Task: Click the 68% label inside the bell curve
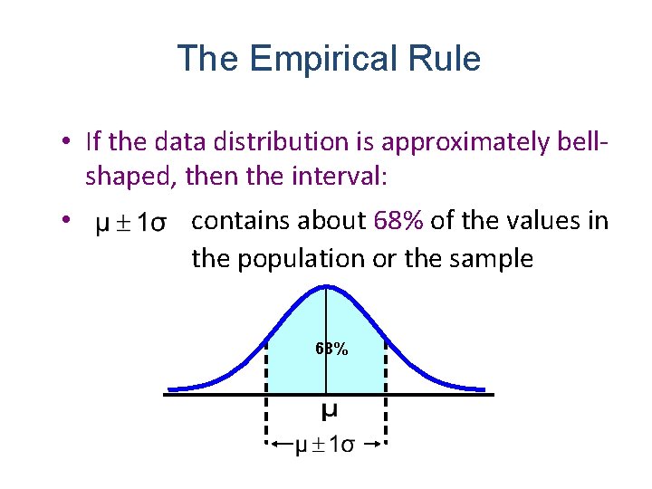click(x=331, y=349)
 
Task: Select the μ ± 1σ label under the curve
click(x=326, y=445)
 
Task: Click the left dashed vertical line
click(x=266, y=389)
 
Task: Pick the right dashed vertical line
click(x=387, y=389)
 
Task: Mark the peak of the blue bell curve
click(x=326, y=287)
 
